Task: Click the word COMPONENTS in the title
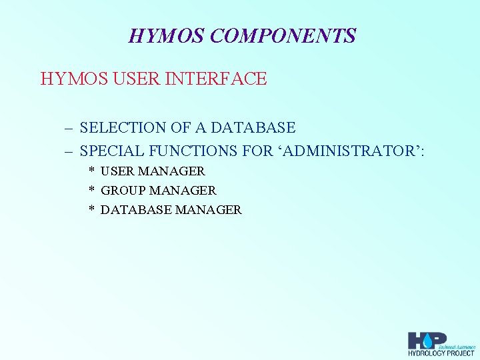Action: (x=283, y=35)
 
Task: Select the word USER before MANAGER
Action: (x=117, y=171)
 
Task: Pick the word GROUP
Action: (x=121, y=191)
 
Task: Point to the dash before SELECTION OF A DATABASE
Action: (x=69, y=127)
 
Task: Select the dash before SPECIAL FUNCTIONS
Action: (x=69, y=151)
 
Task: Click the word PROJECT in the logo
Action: (x=459, y=353)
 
